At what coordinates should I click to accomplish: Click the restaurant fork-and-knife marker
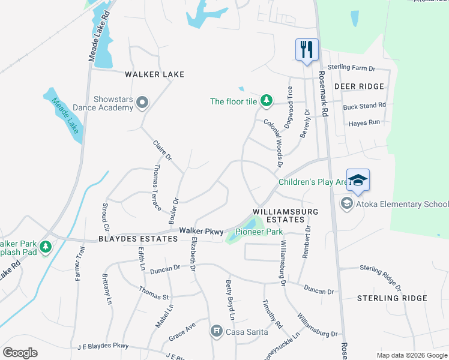307,49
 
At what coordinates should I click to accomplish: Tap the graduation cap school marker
358,181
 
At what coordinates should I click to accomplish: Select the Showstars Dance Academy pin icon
142,103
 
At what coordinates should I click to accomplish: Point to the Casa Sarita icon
216,331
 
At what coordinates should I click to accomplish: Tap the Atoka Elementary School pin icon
346,204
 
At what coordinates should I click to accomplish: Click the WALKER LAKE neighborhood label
154,74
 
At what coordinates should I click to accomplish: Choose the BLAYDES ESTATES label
138,239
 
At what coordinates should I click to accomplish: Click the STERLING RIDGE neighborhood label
392,298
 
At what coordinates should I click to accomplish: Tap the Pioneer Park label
259,232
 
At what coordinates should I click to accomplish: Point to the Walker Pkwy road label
201,230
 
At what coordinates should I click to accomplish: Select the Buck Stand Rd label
364,106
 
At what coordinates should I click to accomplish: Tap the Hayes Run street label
364,122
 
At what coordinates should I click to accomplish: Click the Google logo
20,353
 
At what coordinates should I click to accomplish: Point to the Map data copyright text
411,355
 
